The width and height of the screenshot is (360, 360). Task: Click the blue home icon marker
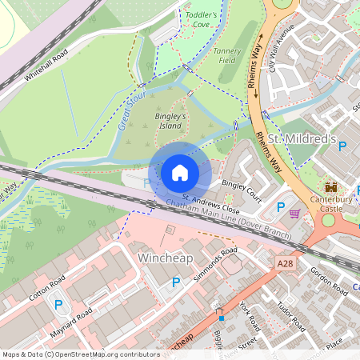pos(180,172)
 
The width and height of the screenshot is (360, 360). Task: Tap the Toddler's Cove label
pos(201,20)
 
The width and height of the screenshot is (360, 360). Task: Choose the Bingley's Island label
pos(170,121)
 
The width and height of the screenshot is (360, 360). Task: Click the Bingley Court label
pos(242,190)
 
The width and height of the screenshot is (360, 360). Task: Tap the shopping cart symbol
pos(294,214)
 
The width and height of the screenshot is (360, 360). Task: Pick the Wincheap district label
pos(166,258)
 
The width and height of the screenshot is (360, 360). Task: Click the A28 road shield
pos(285,262)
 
